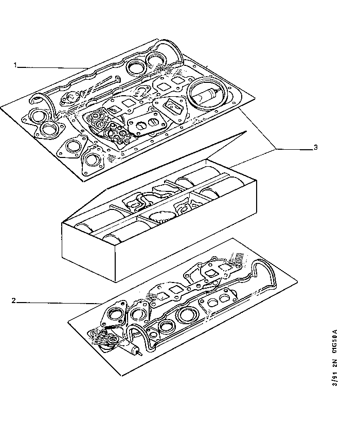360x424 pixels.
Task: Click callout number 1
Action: tap(15, 65)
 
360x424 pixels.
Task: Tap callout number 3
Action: tap(316, 148)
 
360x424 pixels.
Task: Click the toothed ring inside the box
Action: tap(165, 217)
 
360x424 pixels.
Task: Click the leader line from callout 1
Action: tap(51, 66)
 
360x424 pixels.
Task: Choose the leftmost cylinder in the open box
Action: tap(90, 226)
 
